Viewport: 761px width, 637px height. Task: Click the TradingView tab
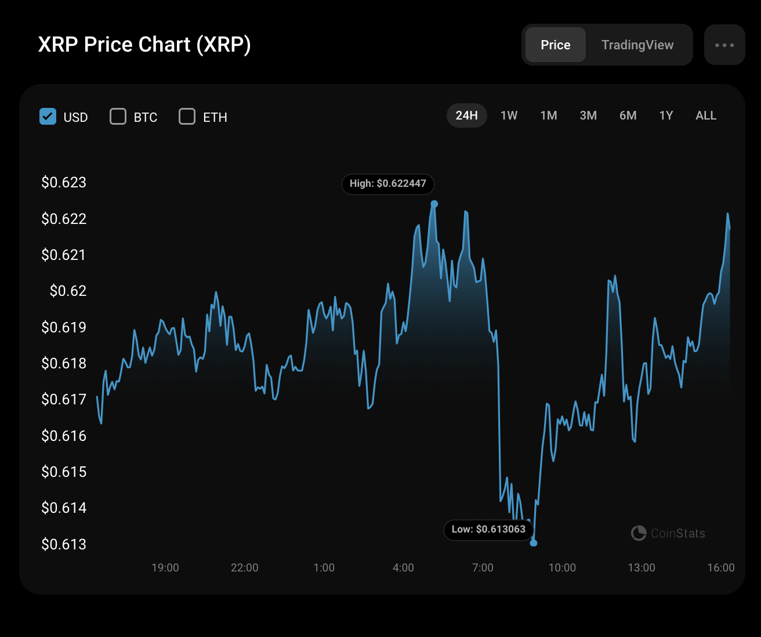[x=637, y=45]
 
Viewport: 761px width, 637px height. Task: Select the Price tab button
[x=555, y=45]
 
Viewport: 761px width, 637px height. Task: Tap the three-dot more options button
[x=724, y=45]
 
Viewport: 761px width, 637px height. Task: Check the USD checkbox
[x=48, y=117]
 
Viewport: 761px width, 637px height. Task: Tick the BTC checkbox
[x=118, y=117]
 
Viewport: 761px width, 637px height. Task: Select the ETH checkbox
[x=187, y=117]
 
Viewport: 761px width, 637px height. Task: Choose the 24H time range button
[x=466, y=115]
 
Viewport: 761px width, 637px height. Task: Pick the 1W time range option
[x=509, y=115]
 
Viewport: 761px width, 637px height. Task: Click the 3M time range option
[x=588, y=115]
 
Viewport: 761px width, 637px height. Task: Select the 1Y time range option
[x=666, y=115]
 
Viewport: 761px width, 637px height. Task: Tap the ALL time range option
[x=706, y=115]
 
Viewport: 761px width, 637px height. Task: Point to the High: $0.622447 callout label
[x=387, y=183]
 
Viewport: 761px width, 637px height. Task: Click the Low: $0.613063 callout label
[x=488, y=529]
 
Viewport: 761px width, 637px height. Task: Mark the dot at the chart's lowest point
[x=534, y=543]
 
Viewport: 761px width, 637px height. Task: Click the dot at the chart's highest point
[x=434, y=204]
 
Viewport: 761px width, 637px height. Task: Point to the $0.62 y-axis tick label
[x=68, y=291]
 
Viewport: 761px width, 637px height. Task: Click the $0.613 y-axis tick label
[x=64, y=544]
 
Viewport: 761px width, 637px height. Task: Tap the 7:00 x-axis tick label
[x=483, y=567]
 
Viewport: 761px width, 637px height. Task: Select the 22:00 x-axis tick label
[x=244, y=567]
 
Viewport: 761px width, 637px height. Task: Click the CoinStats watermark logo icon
[x=639, y=533]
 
